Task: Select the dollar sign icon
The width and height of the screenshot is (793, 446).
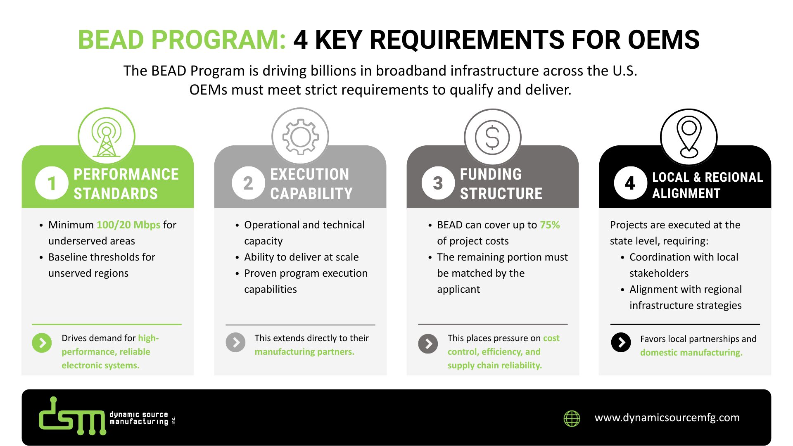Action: tap(492, 138)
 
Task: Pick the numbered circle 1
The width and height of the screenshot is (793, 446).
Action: tap(52, 183)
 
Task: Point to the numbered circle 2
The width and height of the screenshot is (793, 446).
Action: tap(248, 183)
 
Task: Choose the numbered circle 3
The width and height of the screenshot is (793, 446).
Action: tap(438, 183)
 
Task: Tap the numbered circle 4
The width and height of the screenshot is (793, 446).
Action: tap(630, 183)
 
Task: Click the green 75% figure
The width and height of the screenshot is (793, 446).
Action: tap(550, 225)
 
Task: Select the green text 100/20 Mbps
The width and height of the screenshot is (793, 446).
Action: tap(128, 225)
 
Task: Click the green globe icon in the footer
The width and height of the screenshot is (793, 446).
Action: tap(572, 418)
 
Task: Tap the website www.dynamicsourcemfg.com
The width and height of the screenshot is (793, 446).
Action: tap(667, 418)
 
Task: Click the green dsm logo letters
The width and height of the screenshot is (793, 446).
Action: tap(72, 417)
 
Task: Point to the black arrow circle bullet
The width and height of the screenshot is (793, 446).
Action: tap(621, 342)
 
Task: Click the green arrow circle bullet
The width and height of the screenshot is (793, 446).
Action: tap(42, 343)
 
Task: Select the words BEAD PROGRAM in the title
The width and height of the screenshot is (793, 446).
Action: tap(182, 40)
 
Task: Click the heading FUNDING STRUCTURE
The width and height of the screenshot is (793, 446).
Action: tap(501, 184)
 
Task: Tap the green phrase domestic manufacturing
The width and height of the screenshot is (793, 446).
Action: tap(691, 353)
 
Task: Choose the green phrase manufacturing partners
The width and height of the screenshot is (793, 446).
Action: tap(304, 352)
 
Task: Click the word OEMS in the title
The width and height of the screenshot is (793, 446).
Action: tap(663, 40)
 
